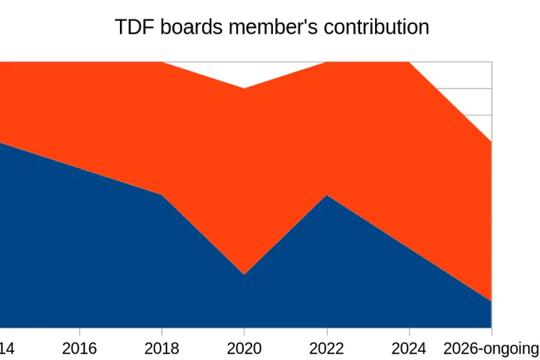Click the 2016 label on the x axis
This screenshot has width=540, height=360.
click(x=79, y=349)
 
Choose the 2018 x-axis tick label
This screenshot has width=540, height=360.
click(x=162, y=349)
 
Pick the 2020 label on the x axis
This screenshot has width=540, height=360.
click(x=244, y=349)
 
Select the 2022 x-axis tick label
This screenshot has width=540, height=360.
click(x=326, y=349)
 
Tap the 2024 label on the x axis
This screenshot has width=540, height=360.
click(x=409, y=349)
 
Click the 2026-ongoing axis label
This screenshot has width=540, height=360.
click(x=490, y=349)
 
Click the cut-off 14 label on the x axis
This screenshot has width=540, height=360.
click(x=7, y=349)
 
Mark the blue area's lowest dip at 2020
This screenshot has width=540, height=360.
click(x=244, y=274)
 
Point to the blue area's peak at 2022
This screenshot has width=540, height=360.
click(x=326, y=195)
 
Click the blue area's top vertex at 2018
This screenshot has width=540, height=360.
click(x=162, y=195)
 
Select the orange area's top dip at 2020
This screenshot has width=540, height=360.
click(x=244, y=88)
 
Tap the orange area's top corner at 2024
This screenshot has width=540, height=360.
click(x=409, y=62)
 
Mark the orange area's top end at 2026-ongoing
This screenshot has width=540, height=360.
click(x=491, y=142)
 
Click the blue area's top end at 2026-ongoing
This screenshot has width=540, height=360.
click(x=491, y=301)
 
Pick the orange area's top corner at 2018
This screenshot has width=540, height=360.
click(x=162, y=62)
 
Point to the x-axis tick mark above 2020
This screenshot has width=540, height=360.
click(x=244, y=331)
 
